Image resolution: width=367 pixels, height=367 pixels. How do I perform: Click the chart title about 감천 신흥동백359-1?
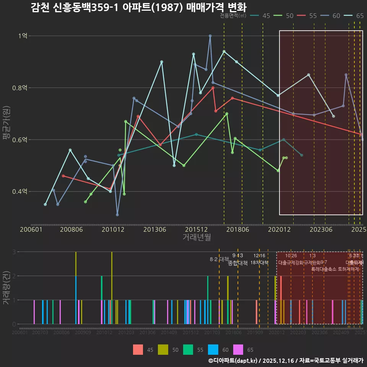click(139, 7)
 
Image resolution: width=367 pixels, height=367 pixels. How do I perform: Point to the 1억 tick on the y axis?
click(23, 36)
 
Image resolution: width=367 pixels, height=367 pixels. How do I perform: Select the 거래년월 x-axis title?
click(196, 237)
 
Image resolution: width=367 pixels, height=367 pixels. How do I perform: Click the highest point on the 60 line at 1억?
click(210, 36)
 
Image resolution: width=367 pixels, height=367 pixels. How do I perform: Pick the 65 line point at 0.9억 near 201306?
click(162, 62)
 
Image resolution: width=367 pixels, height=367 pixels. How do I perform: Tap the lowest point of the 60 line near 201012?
click(117, 214)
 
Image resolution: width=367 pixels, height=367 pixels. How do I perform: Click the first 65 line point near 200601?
click(45, 205)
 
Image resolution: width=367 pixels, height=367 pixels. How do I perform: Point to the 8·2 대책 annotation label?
click(219, 259)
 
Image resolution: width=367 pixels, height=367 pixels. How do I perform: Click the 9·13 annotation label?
click(237, 256)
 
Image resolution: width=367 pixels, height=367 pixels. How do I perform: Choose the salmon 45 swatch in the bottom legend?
click(138, 349)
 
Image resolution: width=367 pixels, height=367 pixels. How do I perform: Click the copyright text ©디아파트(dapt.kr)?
click(233, 361)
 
